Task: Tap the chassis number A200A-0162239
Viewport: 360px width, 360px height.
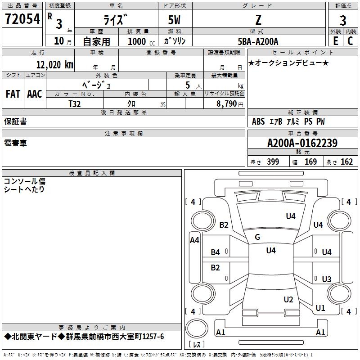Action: (302, 143)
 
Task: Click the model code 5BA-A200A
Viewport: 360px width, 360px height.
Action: (258, 41)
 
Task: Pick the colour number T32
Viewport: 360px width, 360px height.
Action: (75, 103)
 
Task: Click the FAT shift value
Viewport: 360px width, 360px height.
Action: (13, 94)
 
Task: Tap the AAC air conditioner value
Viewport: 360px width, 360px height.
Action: (35, 94)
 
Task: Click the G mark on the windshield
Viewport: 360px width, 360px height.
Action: (257, 237)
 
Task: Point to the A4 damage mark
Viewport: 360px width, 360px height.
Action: (194, 240)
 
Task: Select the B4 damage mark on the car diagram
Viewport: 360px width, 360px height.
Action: (216, 252)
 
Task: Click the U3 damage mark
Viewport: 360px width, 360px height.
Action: (327, 279)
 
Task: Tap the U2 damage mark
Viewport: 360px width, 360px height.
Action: (288, 300)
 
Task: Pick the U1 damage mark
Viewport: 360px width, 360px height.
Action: (320, 308)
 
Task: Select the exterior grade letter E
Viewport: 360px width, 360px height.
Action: (335, 41)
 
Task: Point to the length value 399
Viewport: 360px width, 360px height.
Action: (273, 162)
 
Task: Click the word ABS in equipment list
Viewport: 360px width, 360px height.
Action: (258, 121)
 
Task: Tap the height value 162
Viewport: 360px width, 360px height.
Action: (346, 162)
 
